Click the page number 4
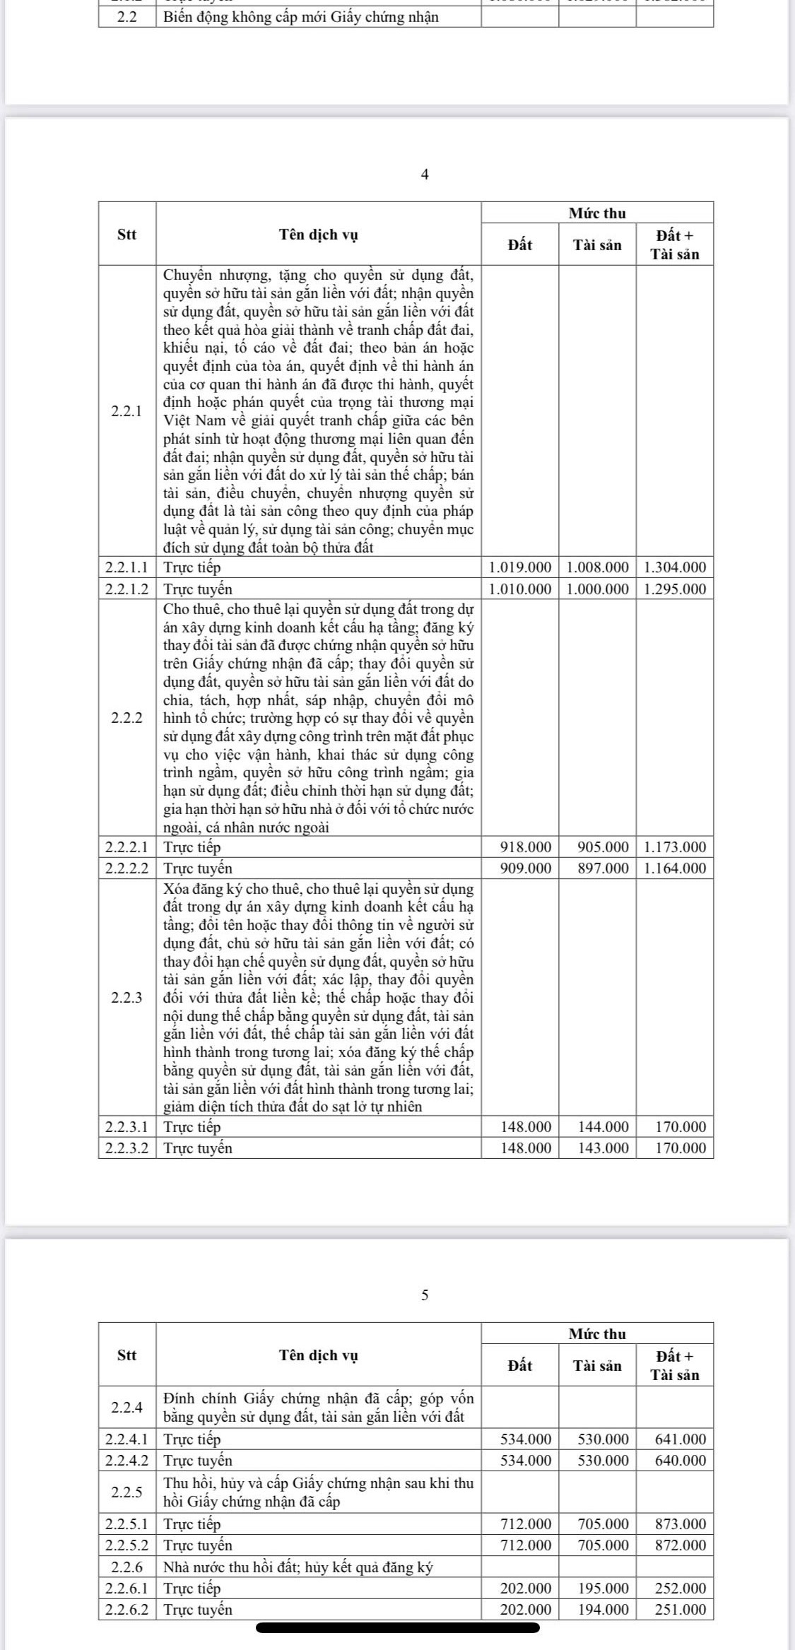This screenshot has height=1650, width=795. point(424,175)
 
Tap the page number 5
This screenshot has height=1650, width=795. point(424,1295)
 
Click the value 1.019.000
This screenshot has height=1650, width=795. point(520,567)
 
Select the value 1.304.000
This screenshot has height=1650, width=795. point(675,567)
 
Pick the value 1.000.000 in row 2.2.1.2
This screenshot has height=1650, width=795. point(597,589)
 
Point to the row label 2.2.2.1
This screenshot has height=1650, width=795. point(127,847)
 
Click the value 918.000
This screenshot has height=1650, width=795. point(526,847)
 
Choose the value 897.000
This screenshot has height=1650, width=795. point(603,868)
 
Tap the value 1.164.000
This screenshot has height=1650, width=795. point(675,868)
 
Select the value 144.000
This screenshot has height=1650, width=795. point(603,1126)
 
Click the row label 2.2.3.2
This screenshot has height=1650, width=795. point(127,1148)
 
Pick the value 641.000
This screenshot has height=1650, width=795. point(681,1439)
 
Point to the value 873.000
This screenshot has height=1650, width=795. point(681,1524)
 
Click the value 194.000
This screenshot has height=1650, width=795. point(603,1609)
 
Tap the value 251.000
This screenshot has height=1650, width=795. point(681,1609)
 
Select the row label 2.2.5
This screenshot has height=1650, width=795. point(127,1492)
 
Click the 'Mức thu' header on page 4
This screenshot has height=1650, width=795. point(597,213)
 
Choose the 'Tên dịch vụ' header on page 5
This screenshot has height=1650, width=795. point(318,1355)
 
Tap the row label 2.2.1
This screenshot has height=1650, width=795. point(127,411)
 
